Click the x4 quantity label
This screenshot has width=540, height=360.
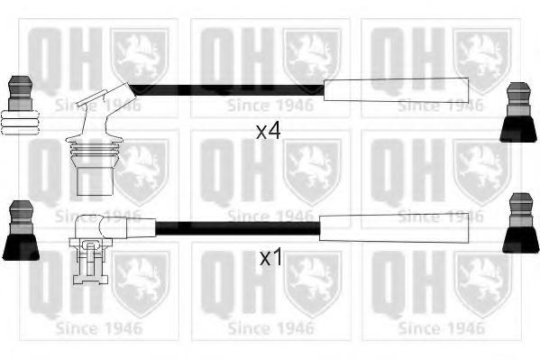pos(269,131)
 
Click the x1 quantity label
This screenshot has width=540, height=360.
pos(270,257)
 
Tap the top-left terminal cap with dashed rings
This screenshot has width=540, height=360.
pos(20,105)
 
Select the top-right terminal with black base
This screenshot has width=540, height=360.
pos(518,112)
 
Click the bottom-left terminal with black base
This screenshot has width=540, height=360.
pos(21,230)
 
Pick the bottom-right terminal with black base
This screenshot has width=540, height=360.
pos(521,223)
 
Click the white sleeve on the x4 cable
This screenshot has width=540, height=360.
pos(396,90)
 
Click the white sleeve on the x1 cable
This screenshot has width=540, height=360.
pos(394,227)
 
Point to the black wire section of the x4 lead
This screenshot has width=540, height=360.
pos(227,90)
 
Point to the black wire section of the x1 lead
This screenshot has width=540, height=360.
pos(238,228)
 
